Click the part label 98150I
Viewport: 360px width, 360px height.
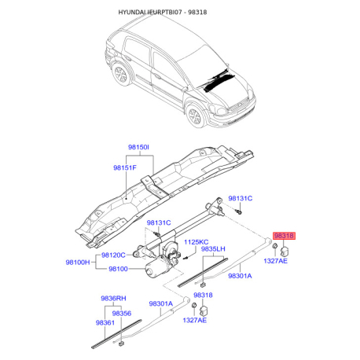tap(138, 147)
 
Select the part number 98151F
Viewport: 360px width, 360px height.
tap(125, 167)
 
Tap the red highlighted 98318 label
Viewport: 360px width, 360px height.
tap(284, 236)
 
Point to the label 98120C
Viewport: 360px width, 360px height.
tap(113, 255)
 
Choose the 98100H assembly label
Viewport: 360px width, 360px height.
tap(78, 262)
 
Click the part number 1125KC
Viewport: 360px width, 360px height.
tap(196, 242)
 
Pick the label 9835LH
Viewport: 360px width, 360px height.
tap(213, 249)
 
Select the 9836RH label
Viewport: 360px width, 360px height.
tap(113, 299)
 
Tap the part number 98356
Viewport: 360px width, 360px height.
tap(122, 314)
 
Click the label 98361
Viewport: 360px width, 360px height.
tap(105, 323)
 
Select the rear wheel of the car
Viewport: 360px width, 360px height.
tap(121, 74)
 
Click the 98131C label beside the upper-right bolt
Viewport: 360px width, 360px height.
tap(241, 198)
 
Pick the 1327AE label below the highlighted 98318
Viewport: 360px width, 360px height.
tap(275, 261)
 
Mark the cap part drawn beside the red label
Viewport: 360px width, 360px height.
tap(285, 251)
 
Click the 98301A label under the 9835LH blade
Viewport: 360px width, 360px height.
tap(240, 276)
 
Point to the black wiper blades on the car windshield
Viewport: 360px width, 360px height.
tap(219, 79)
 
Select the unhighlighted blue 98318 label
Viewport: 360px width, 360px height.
tap(203, 295)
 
